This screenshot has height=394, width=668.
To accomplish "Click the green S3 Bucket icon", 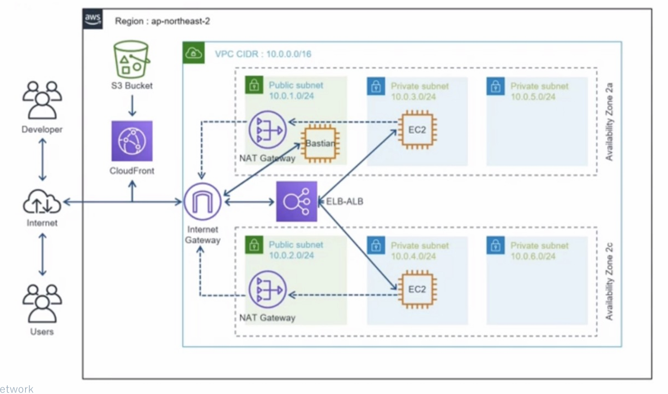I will (x=131, y=59).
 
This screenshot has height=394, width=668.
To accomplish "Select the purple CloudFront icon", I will (x=132, y=141).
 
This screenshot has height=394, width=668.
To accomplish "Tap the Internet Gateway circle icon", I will (x=202, y=202).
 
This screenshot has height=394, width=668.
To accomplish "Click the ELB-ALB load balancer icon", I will (x=297, y=202).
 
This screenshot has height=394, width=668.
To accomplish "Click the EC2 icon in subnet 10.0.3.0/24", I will (x=417, y=130).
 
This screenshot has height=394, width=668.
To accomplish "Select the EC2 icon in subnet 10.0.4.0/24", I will (x=417, y=289).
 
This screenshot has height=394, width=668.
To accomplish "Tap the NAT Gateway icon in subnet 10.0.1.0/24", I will (x=267, y=130).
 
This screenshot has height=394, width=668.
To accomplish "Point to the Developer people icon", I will (x=42, y=100).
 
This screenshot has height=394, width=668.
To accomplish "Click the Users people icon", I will (x=42, y=302).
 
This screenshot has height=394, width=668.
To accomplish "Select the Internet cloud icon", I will (x=42, y=202).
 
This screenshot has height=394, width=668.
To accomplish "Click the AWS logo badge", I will (x=92, y=19).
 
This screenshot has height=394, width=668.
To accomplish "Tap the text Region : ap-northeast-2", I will (x=163, y=21).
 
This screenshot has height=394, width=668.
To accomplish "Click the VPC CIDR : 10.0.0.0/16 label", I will (x=263, y=54).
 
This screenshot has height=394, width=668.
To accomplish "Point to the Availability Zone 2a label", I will (x=610, y=123).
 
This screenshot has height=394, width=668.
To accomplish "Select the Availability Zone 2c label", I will (x=610, y=282).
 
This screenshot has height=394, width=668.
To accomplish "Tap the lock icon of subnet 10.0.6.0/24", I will (x=495, y=246).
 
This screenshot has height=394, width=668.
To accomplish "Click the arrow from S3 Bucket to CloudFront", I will (x=132, y=105).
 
